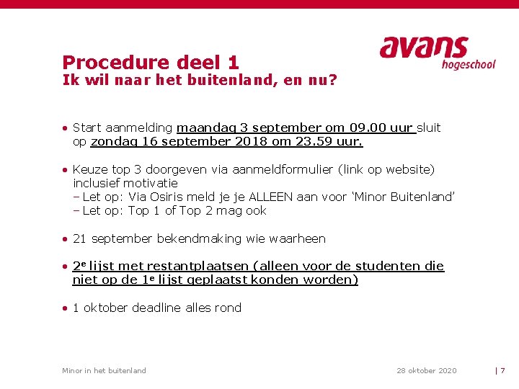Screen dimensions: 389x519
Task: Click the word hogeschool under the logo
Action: point(469,64)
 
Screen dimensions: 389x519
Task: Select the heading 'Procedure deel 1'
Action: point(150,63)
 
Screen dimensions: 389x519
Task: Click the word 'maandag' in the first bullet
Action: point(207,128)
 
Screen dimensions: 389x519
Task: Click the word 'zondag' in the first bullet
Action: point(112,142)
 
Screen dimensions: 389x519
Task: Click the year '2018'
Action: point(252,142)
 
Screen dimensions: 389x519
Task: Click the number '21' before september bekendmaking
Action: point(79,238)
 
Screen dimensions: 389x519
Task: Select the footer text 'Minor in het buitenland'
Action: point(104,371)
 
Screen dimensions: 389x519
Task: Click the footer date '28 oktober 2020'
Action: point(426,371)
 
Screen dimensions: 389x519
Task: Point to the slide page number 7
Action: point(502,371)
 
